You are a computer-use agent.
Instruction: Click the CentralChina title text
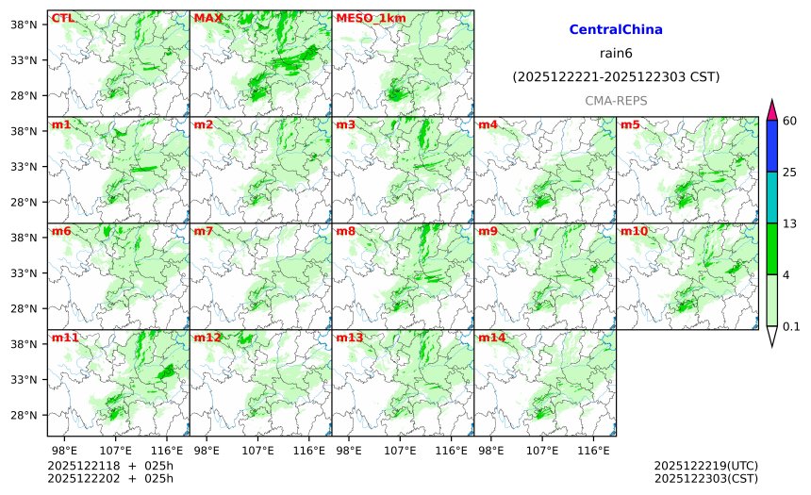(616, 30)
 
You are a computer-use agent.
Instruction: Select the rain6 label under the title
(616, 53)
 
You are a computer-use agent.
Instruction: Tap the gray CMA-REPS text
(616, 100)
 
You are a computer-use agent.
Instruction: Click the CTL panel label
(62, 18)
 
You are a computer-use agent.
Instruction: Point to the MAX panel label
(207, 18)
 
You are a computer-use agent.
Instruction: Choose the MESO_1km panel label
(368, 18)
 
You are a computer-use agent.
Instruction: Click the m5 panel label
(630, 124)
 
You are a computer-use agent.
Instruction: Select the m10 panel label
(634, 231)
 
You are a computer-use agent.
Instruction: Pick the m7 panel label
(205, 231)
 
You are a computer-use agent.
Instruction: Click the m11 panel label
(65, 338)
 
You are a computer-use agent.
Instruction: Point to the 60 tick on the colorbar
(790, 120)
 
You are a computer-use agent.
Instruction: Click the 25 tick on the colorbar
(790, 172)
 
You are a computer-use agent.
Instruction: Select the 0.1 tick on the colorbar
(791, 326)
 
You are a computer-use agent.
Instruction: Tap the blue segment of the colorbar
(771, 145)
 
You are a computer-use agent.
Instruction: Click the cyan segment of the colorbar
(771, 197)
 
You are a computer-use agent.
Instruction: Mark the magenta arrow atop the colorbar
(771, 109)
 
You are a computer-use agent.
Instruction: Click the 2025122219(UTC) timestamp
(705, 466)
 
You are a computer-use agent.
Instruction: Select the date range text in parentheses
(616, 76)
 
